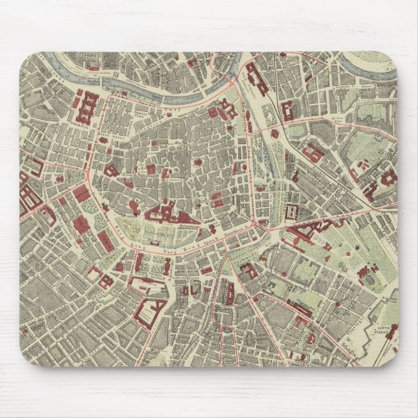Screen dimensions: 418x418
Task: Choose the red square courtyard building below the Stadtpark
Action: (291, 211)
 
